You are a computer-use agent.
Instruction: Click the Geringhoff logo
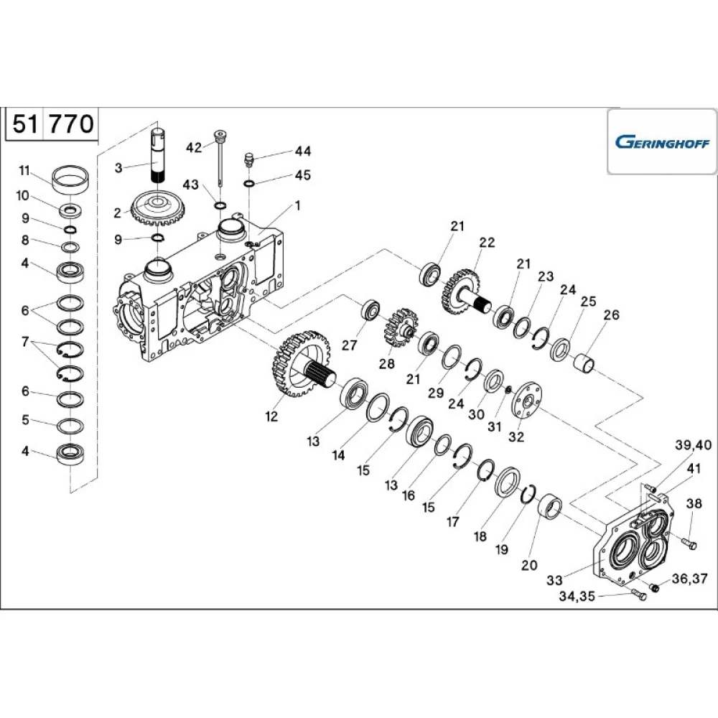coord(661,141)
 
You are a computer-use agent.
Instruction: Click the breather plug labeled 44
coord(250,160)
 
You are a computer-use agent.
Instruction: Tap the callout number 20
coord(528,565)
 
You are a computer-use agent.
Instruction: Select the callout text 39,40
coord(693,445)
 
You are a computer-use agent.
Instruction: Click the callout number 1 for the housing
coord(297,205)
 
